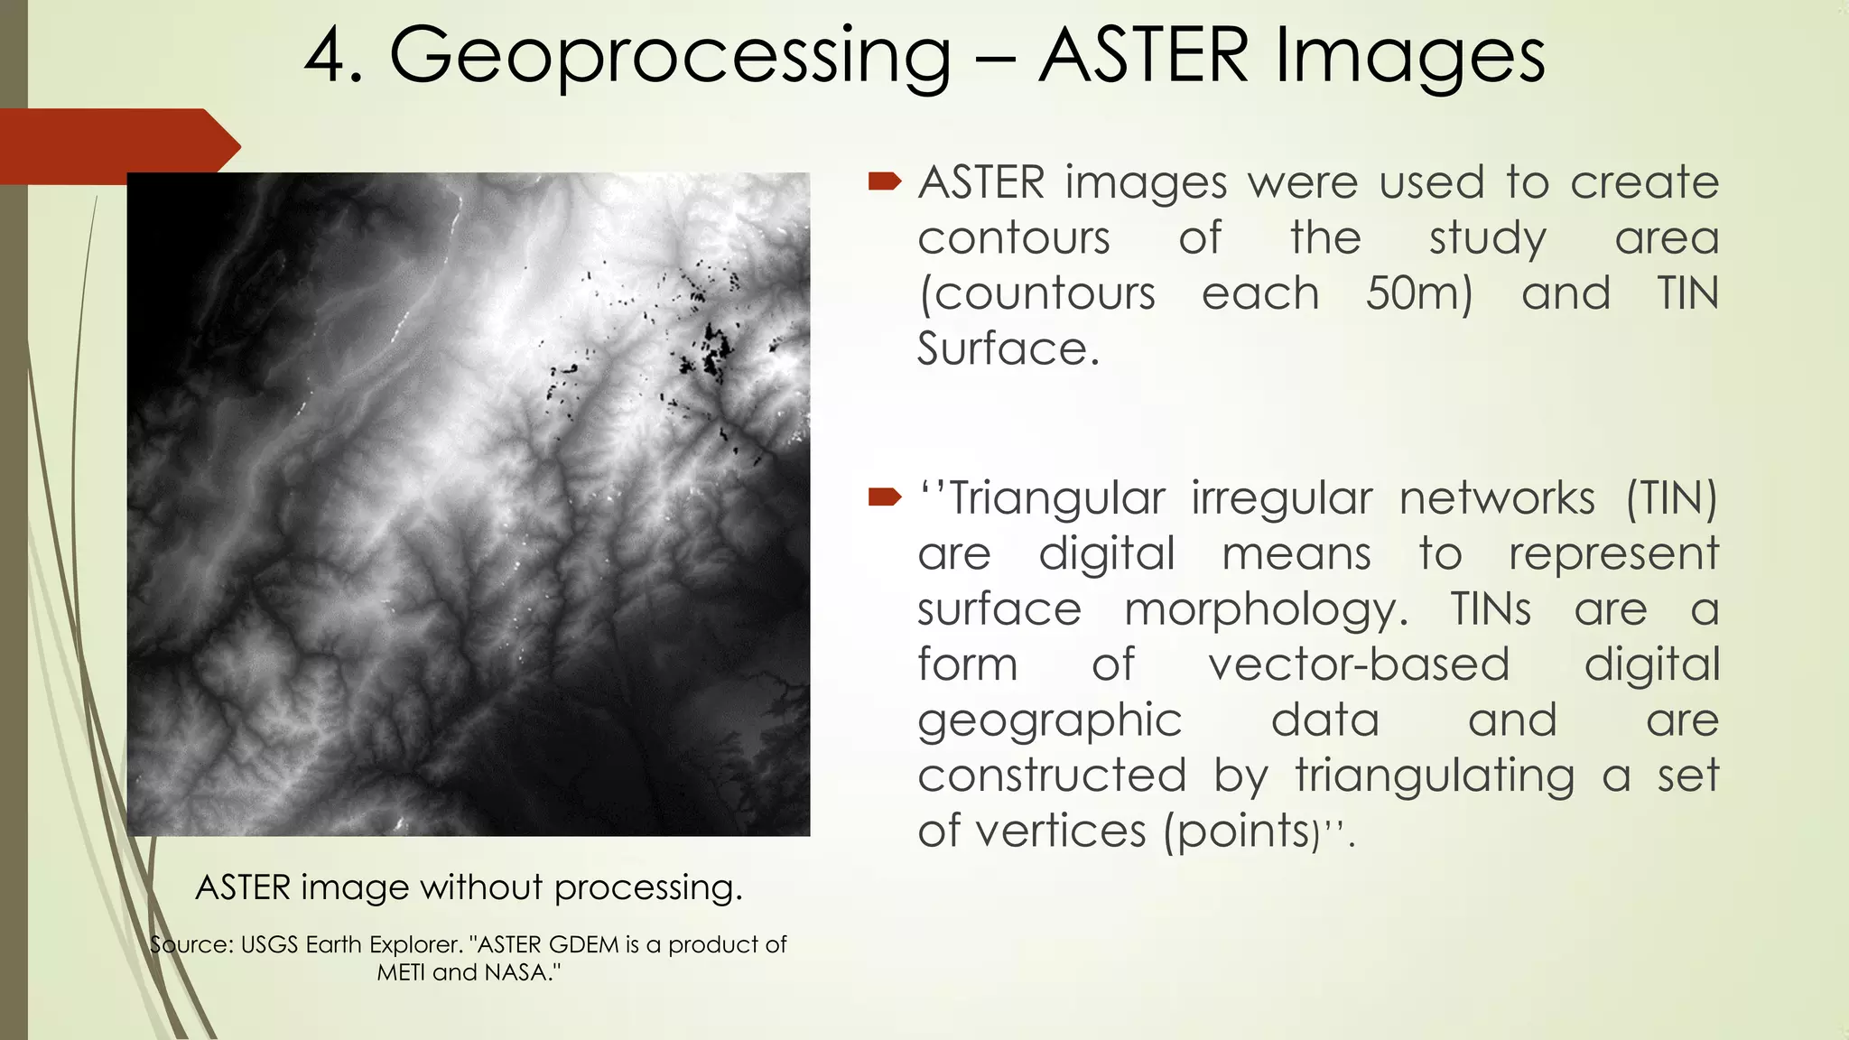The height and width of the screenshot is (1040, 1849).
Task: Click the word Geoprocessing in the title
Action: tap(669, 56)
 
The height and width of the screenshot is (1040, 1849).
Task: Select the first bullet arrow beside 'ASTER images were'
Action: tap(885, 182)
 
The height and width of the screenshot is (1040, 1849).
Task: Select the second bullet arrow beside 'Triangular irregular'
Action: tap(885, 497)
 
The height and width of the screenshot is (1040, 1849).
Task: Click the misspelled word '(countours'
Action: tap(1036, 294)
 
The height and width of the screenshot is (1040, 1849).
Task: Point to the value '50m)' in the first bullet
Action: tap(1418, 294)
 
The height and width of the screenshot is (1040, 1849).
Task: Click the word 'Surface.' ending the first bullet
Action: tap(1008, 349)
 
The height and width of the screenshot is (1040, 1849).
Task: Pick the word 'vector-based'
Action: tap(1358, 665)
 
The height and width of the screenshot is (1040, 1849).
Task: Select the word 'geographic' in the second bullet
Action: tap(1049, 721)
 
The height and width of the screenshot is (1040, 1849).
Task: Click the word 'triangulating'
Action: tap(1435, 776)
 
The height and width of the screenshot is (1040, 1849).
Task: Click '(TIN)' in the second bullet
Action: tap(1671, 499)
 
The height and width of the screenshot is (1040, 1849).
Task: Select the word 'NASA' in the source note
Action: tap(520, 973)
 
